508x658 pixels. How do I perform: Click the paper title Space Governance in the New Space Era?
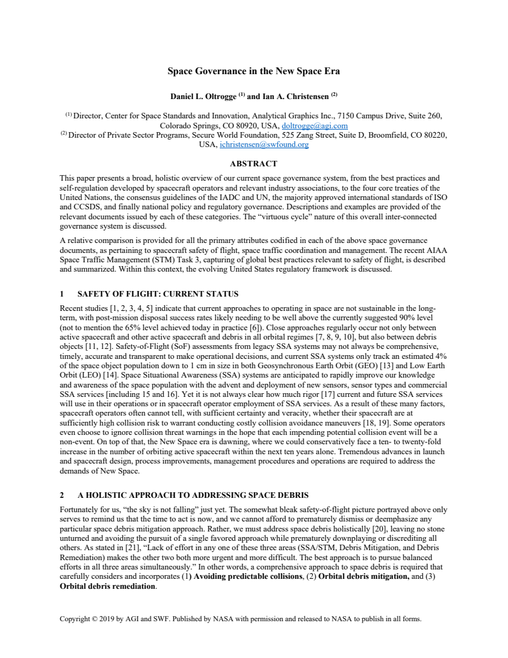point(254,70)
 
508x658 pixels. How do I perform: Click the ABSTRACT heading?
point(253,164)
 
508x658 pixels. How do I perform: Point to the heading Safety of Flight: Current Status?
point(158,293)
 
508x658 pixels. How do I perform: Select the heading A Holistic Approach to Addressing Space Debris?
point(192,495)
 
